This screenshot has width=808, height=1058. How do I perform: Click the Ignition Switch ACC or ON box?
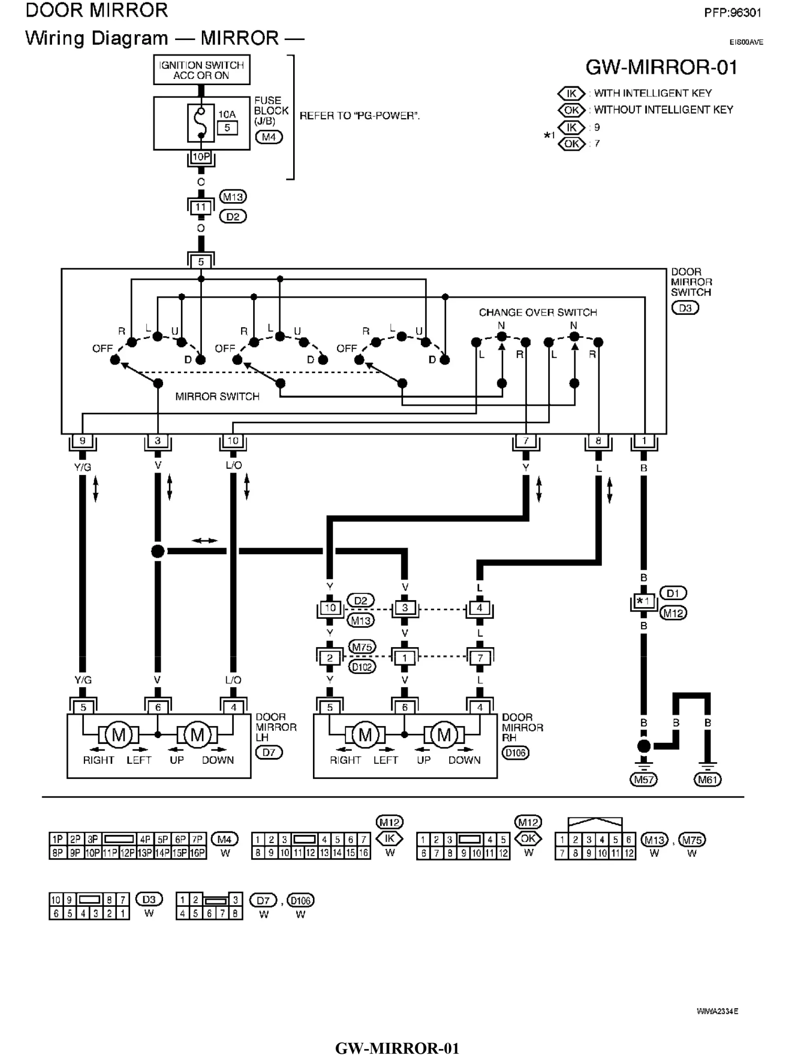[x=201, y=70]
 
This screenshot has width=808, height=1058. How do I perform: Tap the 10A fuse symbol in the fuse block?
[x=201, y=123]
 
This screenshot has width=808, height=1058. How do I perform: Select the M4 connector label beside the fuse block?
[x=269, y=137]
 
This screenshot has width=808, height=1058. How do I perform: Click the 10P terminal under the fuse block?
[x=201, y=157]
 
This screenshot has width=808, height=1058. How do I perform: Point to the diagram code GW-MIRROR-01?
[x=661, y=67]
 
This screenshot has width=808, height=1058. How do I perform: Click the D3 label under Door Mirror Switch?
[x=685, y=308]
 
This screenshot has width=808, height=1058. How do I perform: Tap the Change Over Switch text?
[x=538, y=312]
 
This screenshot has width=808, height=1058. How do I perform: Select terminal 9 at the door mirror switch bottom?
[x=83, y=441]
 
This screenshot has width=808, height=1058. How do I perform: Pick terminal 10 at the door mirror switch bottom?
[x=233, y=441]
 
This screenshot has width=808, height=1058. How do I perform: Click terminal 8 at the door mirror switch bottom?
[x=598, y=441]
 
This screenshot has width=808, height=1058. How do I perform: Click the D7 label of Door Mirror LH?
[x=269, y=752]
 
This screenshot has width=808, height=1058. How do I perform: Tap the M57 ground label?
[x=644, y=779]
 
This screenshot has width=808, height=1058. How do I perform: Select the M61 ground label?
[x=708, y=779]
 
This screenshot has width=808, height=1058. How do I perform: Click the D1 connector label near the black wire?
[x=673, y=593]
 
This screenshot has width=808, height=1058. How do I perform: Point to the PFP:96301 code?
[x=732, y=13]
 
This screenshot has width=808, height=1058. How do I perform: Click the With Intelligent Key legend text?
[x=653, y=93]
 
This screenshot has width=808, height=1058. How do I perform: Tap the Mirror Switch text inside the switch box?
[x=218, y=397]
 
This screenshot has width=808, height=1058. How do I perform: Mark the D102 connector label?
[x=362, y=667]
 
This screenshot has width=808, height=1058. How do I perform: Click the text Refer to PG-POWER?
[x=359, y=116]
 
